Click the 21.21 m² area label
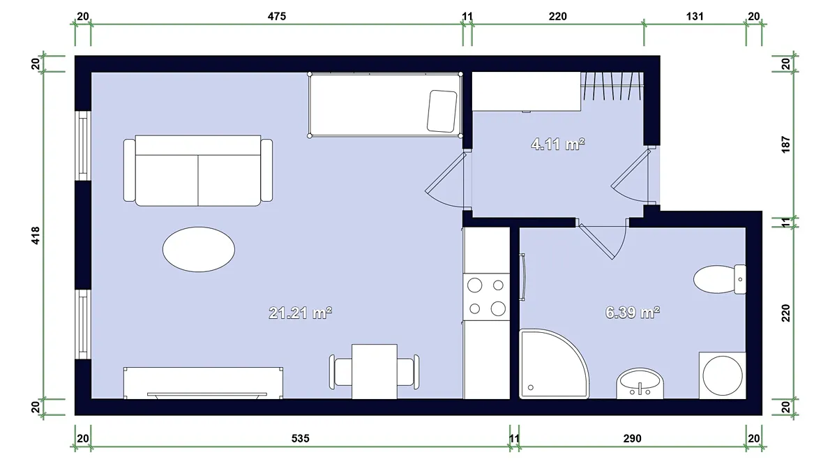coord(301,313)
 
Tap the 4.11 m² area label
coord(558,144)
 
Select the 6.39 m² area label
coord(633,313)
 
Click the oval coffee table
coord(199,249)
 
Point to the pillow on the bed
coord(442,111)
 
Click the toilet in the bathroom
coord(720,279)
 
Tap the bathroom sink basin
coord(640,383)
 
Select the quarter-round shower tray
coord(554,364)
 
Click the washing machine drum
coord(723,375)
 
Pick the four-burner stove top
coord(487,297)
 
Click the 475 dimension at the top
coord(277,17)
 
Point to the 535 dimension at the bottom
coord(301,438)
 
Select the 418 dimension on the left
coord(36,236)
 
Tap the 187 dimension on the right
coord(786,144)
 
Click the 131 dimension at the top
coord(695,17)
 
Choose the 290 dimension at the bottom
coord(632,438)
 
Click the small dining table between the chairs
coord(375,371)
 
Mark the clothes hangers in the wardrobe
coord(612,86)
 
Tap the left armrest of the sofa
coord(129,170)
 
